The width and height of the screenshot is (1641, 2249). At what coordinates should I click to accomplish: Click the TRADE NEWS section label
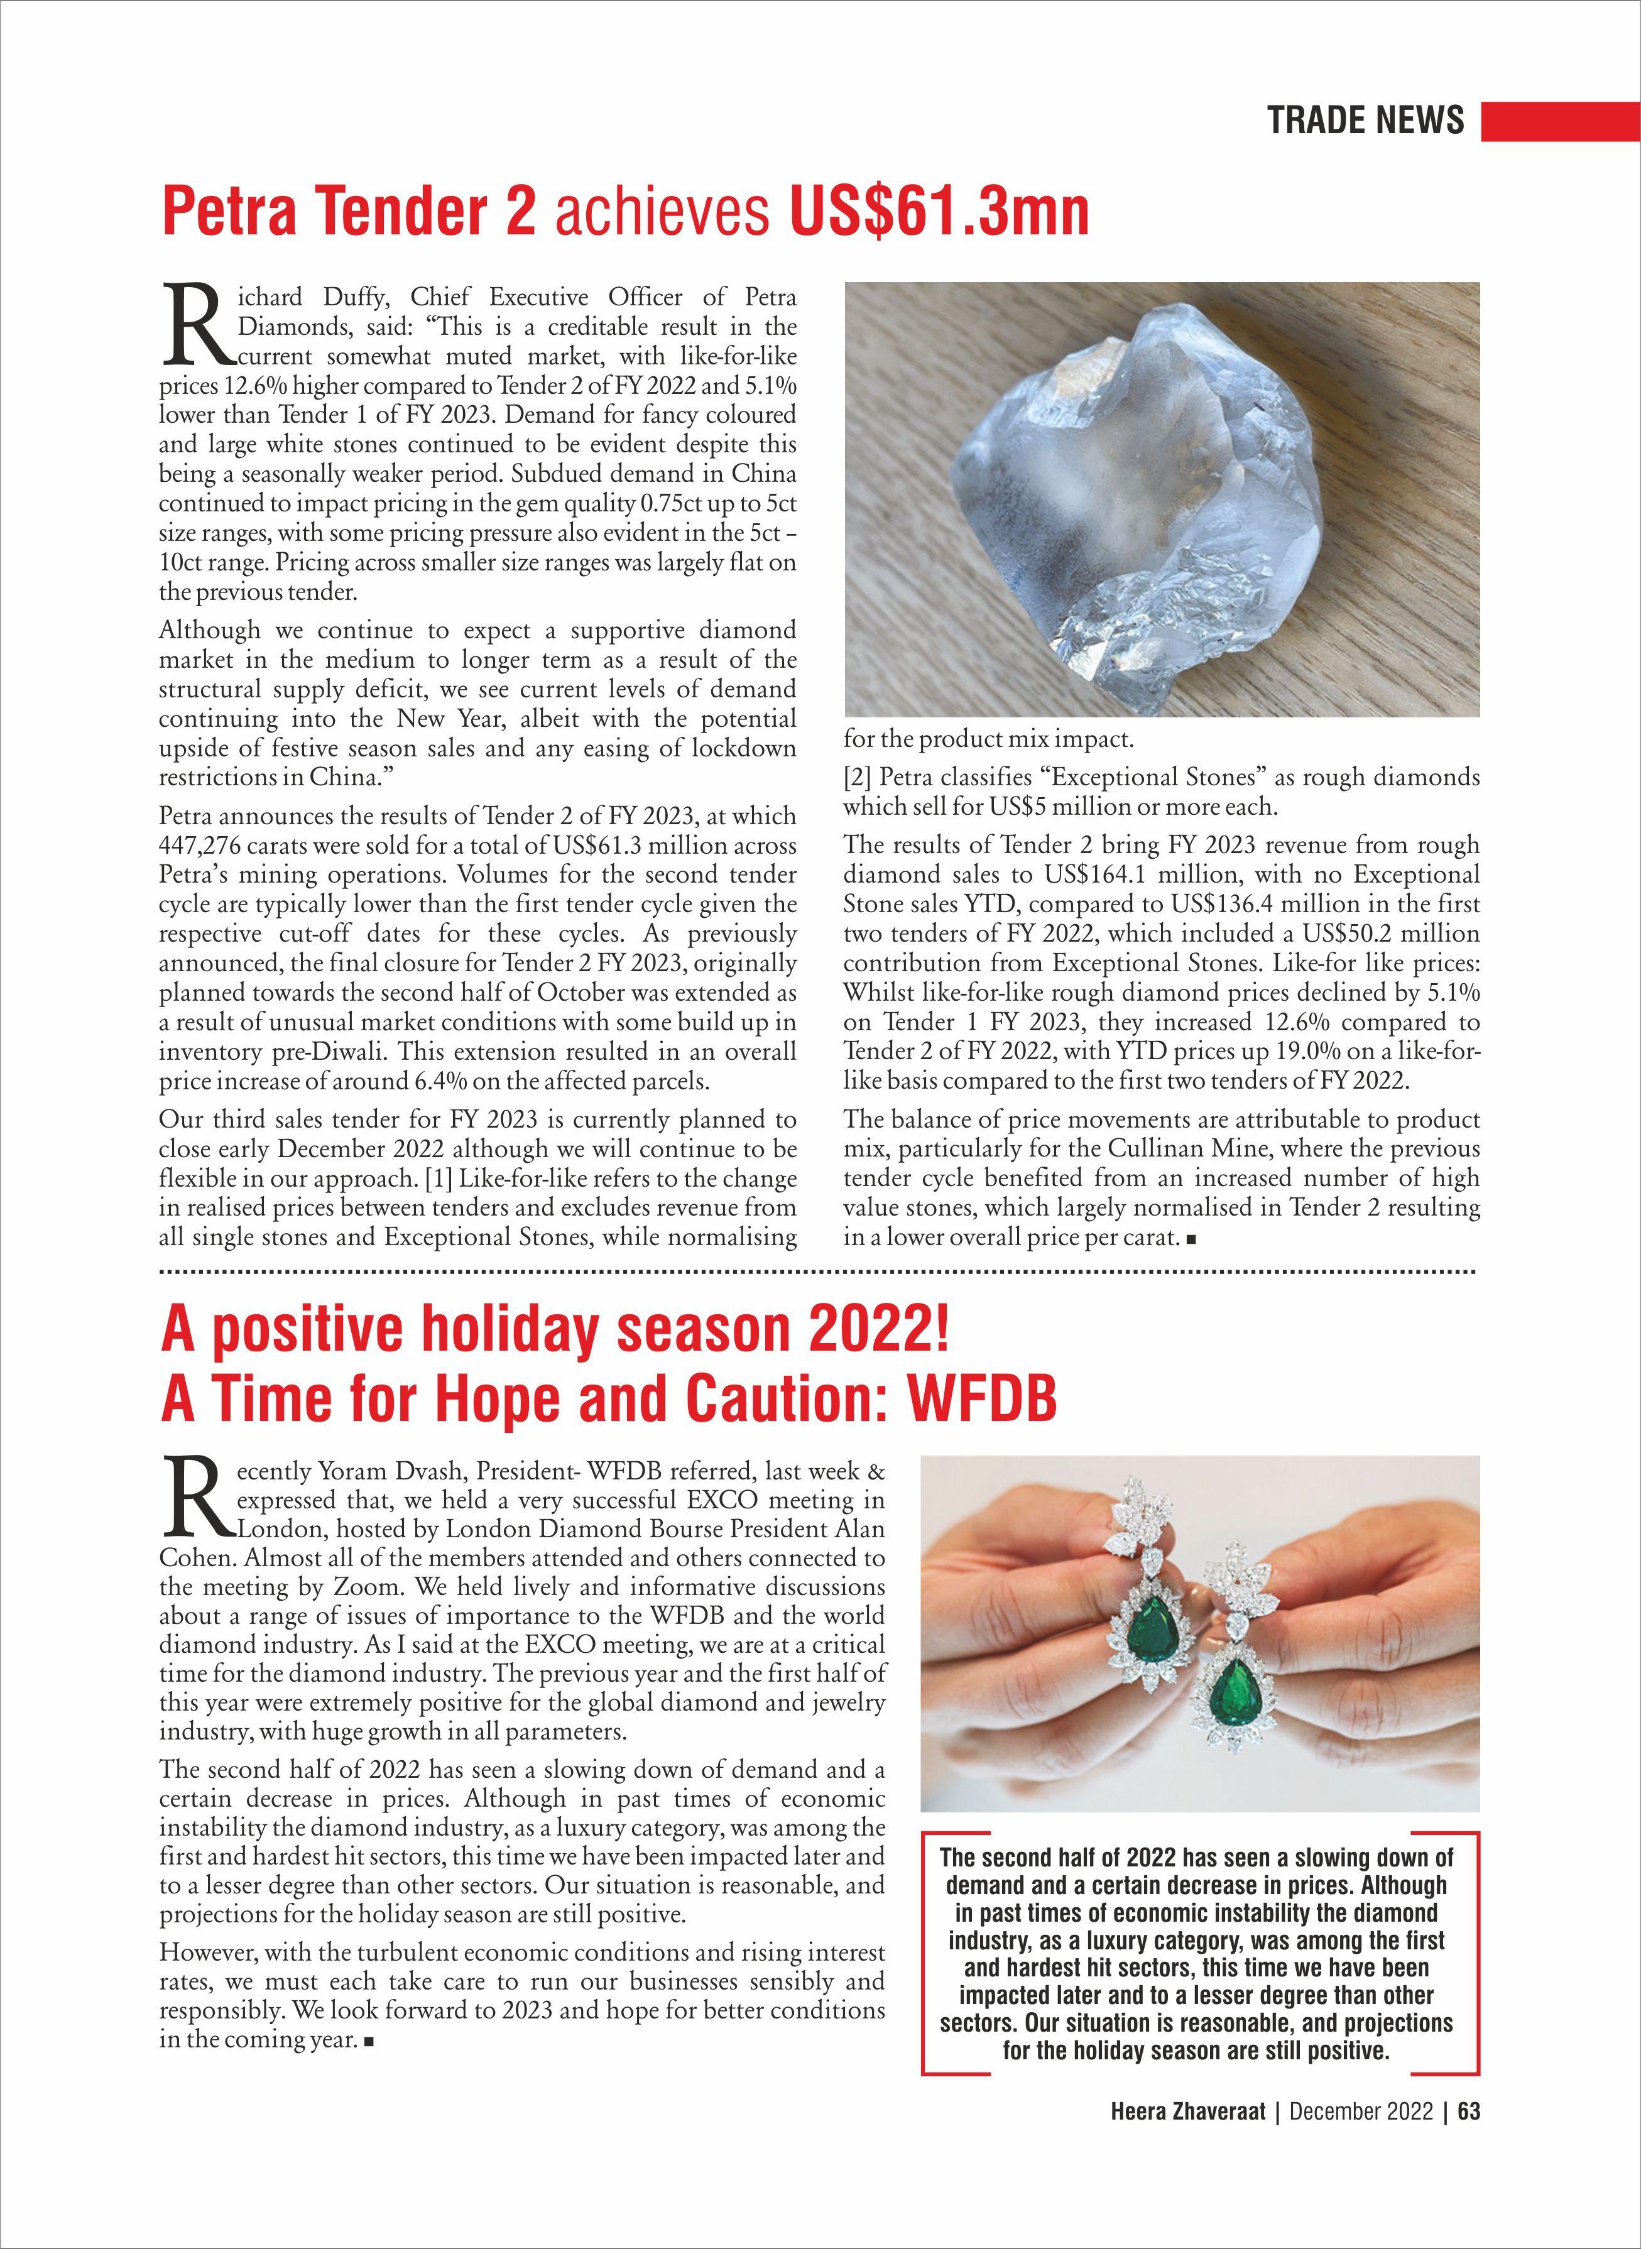(1365, 120)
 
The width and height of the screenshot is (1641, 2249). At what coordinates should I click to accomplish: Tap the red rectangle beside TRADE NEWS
(1559, 120)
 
